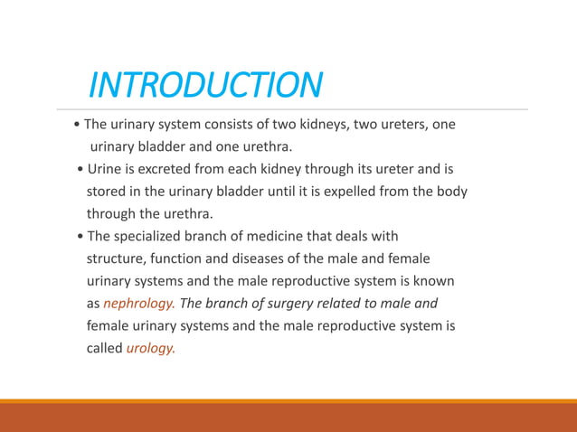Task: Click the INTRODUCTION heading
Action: [204, 85]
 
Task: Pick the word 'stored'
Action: [107, 192]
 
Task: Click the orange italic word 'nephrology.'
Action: [139, 304]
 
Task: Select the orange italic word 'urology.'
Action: [150, 348]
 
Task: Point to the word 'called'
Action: [104, 348]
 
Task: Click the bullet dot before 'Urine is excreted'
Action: [81, 169]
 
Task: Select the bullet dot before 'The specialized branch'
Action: [81, 237]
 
